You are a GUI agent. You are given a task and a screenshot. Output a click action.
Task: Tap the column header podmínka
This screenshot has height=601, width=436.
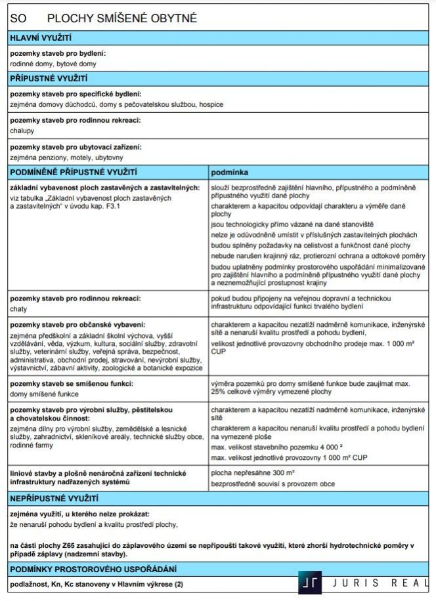tap(229, 171)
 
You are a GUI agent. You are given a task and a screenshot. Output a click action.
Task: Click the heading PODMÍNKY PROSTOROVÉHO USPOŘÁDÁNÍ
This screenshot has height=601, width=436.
tap(93, 569)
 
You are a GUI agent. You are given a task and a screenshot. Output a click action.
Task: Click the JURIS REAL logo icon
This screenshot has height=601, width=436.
tap(309, 583)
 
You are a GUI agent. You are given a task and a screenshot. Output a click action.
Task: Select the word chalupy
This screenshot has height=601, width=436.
tap(22, 131)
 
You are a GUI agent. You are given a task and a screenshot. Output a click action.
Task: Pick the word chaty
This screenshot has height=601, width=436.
tap(18, 308)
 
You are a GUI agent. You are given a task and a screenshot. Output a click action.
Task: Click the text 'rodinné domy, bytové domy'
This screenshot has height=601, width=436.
tap(53, 64)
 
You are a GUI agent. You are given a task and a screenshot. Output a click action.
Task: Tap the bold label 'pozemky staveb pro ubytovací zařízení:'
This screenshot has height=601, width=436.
tap(76, 147)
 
